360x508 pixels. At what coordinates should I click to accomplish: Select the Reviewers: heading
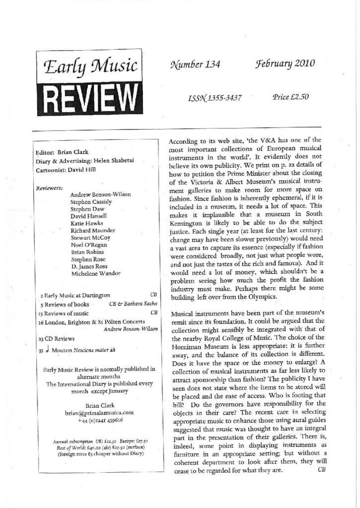pos(50,188)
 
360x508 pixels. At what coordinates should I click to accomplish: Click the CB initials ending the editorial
pos(320,470)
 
